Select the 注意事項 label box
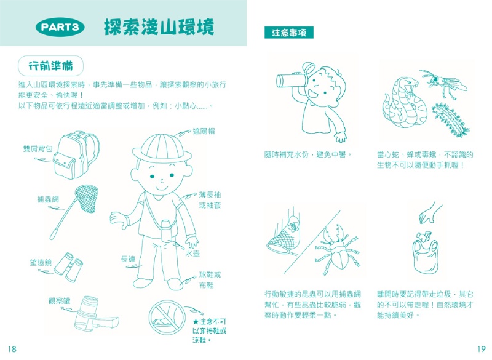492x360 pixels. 288,33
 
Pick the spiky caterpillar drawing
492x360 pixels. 450,117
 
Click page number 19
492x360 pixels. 480,348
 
